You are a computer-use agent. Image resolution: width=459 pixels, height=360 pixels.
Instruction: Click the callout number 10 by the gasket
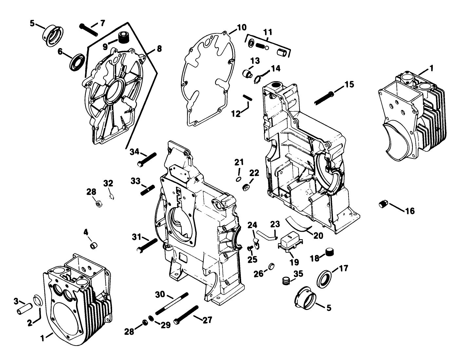pos(241,27)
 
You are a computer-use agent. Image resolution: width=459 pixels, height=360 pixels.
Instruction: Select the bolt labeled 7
pos(88,29)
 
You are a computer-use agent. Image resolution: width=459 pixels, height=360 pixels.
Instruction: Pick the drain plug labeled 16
pos(384,204)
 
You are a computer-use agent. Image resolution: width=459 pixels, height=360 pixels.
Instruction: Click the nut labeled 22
pos(245,188)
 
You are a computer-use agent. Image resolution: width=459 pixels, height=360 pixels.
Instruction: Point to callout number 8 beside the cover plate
pos(159,49)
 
